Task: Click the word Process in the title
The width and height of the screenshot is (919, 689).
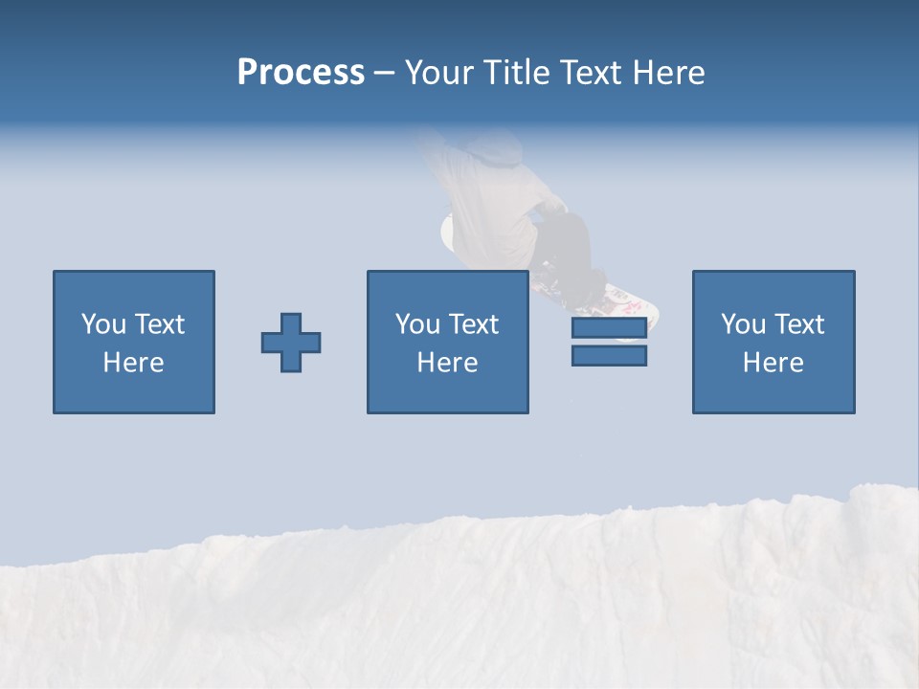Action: pyautogui.click(x=301, y=73)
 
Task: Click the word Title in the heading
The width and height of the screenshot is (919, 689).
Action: pyautogui.click(x=513, y=73)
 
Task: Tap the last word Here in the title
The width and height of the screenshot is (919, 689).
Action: pyautogui.click(x=668, y=73)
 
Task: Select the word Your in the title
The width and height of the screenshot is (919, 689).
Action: pyautogui.click(x=438, y=73)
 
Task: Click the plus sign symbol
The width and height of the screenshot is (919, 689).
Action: pyautogui.click(x=291, y=343)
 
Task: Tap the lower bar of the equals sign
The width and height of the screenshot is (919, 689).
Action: pyautogui.click(x=609, y=355)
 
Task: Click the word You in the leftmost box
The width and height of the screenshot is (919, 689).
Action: pyautogui.click(x=103, y=324)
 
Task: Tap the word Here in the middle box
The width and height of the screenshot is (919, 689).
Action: pyautogui.click(x=448, y=363)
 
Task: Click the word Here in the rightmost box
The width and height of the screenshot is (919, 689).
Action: pyautogui.click(x=773, y=363)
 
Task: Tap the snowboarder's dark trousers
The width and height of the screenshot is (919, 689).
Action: pyautogui.click(x=565, y=239)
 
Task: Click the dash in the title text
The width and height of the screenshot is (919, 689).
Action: pyautogui.click(x=384, y=73)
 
